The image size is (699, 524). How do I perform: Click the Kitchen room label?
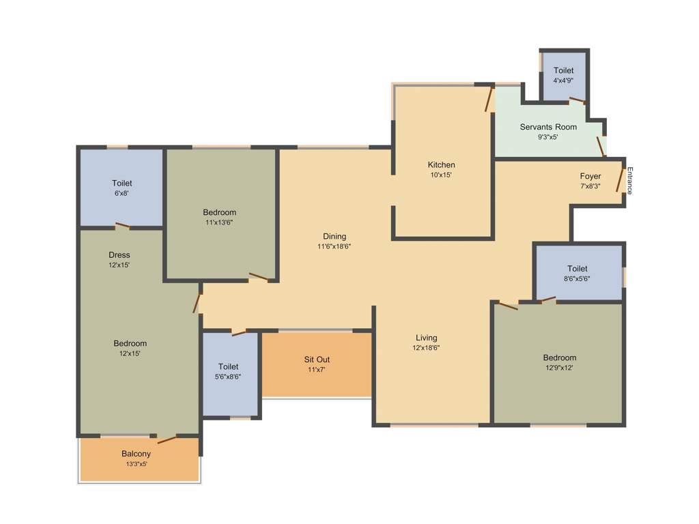(x=441, y=164)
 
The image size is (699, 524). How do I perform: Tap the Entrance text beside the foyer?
(x=630, y=181)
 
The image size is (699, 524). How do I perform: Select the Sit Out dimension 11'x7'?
(x=317, y=370)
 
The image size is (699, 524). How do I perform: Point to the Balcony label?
(x=137, y=454)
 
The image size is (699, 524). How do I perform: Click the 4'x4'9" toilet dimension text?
(x=563, y=80)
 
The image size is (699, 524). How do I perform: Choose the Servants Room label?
(x=548, y=127)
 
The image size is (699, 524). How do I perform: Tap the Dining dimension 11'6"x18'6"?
(x=334, y=246)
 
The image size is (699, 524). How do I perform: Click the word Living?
(x=427, y=338)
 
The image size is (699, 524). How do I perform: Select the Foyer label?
(x=590, y=176)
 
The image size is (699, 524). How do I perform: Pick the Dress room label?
(x=119, y=255)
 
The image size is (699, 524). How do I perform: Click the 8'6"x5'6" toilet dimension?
(x=577, y=278)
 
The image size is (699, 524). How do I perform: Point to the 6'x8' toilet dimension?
(x=122, y=193)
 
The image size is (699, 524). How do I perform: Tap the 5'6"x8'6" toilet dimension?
(x=229, y=377)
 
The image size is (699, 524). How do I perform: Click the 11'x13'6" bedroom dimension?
(x=219, y=222)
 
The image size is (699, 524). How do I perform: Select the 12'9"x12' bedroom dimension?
(x=559, y=368)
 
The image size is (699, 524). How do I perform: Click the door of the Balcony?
(x=167, y=439)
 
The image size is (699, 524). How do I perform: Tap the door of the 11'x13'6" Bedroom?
(x=259, y=276)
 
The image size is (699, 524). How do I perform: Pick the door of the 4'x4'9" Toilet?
(x=577, y=100)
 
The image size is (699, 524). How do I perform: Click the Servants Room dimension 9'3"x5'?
(x=548, y=137)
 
